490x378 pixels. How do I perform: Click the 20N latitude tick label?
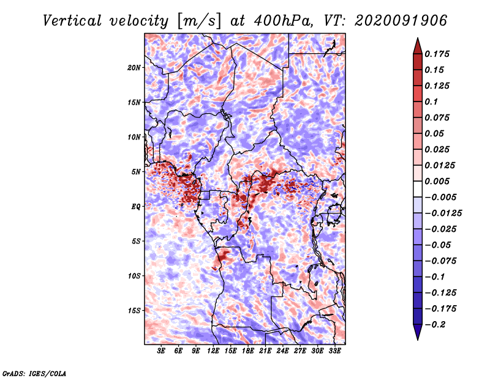134,68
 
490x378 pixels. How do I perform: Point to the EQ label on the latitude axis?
135,207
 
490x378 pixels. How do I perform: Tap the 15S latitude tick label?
134,311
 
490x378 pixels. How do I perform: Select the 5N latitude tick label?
136,172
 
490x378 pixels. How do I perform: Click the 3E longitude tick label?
161,351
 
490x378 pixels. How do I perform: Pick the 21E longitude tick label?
265,351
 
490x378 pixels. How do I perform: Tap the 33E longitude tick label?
334,351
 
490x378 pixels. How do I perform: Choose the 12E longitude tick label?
213,351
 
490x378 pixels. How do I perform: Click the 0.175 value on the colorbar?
437,54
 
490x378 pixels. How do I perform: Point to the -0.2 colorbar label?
435,325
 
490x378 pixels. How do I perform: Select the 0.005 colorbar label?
437,181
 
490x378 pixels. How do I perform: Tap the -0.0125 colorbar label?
443,213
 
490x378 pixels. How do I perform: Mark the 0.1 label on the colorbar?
431,102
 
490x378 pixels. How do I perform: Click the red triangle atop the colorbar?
418,46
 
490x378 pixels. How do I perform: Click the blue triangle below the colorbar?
418,332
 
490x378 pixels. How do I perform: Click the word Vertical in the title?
72,21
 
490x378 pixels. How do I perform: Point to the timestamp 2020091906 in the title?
401,21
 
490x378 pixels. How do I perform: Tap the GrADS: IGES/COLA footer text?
34,373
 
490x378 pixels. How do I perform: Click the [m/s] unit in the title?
199,21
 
